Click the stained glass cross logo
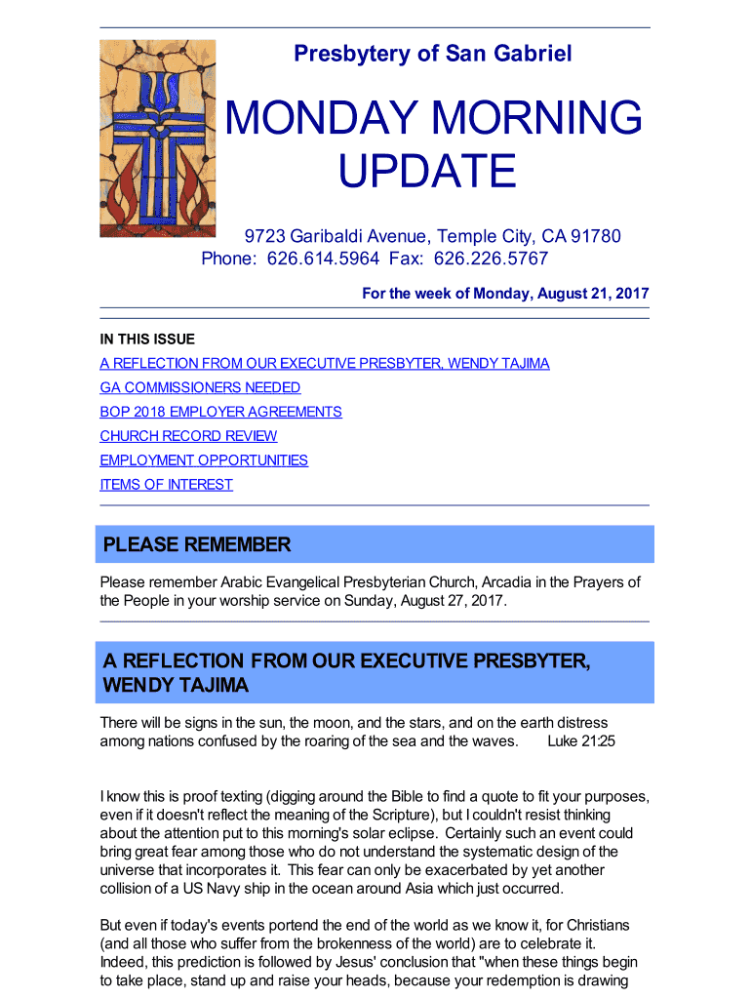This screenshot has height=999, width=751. pos(157,139)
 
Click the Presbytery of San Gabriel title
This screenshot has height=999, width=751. pos(433,55)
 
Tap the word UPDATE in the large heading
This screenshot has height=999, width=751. pos(426,172)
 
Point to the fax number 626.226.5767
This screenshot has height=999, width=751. pos(491,259)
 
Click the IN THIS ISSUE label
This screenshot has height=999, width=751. pos(147,340)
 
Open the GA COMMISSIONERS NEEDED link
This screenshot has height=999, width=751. pos(200,387)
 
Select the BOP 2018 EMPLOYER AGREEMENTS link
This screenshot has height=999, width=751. pos(220,412)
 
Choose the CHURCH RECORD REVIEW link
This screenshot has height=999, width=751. pos(188,436)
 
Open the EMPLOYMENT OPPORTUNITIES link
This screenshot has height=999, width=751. pos(204,460)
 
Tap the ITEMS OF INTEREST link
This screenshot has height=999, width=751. pos(166,485)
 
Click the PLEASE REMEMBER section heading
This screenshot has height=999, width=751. pos(197,544)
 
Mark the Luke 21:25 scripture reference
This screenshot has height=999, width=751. pos(581,741)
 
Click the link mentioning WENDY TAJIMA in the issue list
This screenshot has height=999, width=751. pos(324,364)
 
